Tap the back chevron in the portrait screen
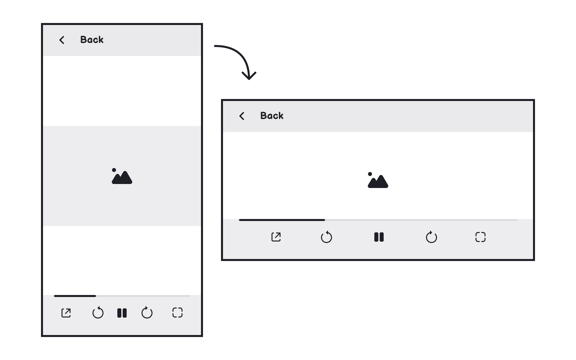click(62, 40)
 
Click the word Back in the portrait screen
click(92, 40)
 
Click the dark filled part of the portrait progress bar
click(75, 296)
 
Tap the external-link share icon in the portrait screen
click(66, 313)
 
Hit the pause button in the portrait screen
click(122, 313)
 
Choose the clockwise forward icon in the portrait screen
click(147, 313)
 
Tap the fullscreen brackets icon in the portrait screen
click(177, 313)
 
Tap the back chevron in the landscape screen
click(242, 116)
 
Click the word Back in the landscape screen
click(272, 116)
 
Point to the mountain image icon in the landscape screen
click(378, 180)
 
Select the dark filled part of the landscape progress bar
click(282, 220)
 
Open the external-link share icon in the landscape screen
click(276, 237)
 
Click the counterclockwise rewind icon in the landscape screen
click(326, 237)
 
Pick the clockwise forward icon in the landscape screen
click(431, 237)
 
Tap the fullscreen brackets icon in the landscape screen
click(480, 237)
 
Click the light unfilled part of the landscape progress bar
click(420, 220)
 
